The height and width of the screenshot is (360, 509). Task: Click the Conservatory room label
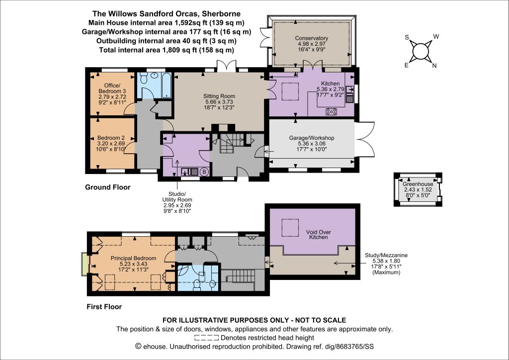[311, 38]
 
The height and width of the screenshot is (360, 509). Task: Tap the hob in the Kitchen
[332, 112]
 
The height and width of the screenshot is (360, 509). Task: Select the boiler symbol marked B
[204, 172]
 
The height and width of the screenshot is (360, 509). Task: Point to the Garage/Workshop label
[312, 138]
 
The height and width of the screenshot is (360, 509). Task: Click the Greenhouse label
[418, 184]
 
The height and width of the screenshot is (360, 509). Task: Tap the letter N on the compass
[434, 66]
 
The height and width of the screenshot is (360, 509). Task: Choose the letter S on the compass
[407, 37]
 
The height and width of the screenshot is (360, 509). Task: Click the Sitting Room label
[219, 96]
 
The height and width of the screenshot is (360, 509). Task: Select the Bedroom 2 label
[111, 138]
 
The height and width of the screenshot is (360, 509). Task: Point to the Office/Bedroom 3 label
[112, 89]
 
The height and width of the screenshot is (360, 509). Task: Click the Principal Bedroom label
[133, 258]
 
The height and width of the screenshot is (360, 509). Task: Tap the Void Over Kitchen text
[319, 235]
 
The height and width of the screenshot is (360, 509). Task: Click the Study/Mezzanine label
[386, 255]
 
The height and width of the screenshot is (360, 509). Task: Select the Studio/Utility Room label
[177, 197]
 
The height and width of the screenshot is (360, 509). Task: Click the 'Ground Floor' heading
[108, 187]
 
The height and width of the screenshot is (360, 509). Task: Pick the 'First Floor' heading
[104, 307]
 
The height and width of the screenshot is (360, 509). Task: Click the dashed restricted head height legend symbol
[206, 338]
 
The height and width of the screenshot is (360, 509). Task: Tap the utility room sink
[189, 172]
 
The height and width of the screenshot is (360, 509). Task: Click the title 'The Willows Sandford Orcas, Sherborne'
[167, 13]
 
